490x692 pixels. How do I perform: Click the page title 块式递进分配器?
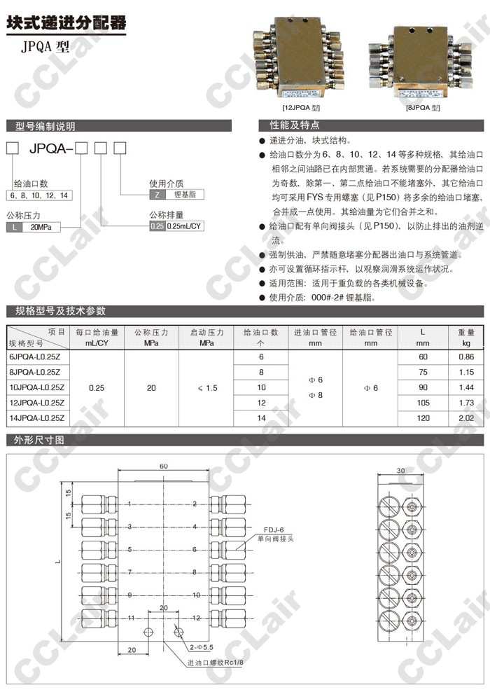click(x=67, y=23)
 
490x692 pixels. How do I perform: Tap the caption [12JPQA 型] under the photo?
click(x=300, y=108)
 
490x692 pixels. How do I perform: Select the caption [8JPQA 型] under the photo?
click(x=422, y=108)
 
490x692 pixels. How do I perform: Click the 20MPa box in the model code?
click(x=41, y=227)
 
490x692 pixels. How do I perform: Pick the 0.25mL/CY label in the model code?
click(x=184, y=226)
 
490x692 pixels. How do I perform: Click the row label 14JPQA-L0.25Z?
click(x=36, y=418)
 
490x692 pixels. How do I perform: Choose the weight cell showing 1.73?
click(x=465, y=403)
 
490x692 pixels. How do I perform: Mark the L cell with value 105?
click(x=422, y=403)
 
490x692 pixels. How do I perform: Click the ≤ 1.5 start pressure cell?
click(x=206, y=387)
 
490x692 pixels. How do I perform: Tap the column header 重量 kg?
click(x=465, y=338)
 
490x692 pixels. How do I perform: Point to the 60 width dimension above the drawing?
click(x=163, y=466)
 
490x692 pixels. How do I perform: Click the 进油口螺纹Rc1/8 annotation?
click(x=213, y=663)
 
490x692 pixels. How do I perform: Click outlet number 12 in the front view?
click(x=197, y=618)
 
